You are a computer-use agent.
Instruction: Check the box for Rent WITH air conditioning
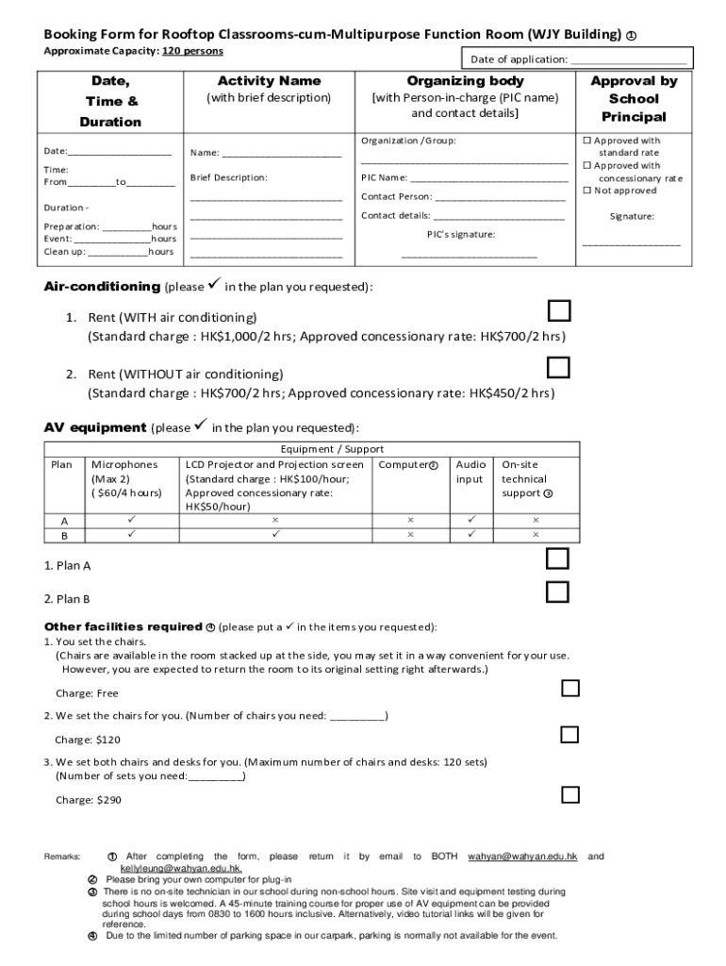pyautogui.click(x=559, y=311)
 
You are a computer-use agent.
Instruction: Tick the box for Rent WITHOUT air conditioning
pyautogui.click(x=559, y=367)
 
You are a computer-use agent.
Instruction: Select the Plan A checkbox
pyautogui.click(x=558, y=559)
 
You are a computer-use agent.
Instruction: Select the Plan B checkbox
pyautogui.click(x=558, y=591)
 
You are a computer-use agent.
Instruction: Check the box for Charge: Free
pyautogui.click(x=569, y=688)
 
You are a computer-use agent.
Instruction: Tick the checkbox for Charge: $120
pyautogui.click(x=569, y=734)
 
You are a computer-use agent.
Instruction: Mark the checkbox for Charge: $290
pyautogui.click(x=569, y=794)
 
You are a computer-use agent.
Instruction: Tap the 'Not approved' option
pyautogui.click(x=624, y=191)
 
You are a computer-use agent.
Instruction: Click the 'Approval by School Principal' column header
pyautogui.click(x=634, y=99)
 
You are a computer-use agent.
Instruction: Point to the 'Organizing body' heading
pyautogui.click(x=465, y=81)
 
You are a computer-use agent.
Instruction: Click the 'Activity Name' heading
pyautogui.click(x=269, y=81)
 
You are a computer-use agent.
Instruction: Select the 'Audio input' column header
pyautogui.click(x=471, y=472)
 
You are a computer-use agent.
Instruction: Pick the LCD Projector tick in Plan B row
pyautogui.click(x=276, y=534)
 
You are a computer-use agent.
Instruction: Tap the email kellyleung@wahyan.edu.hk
pyautogui.click(x=181, y=869)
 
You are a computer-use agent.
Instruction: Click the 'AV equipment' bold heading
pyautogui.click(x=95, y=427)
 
